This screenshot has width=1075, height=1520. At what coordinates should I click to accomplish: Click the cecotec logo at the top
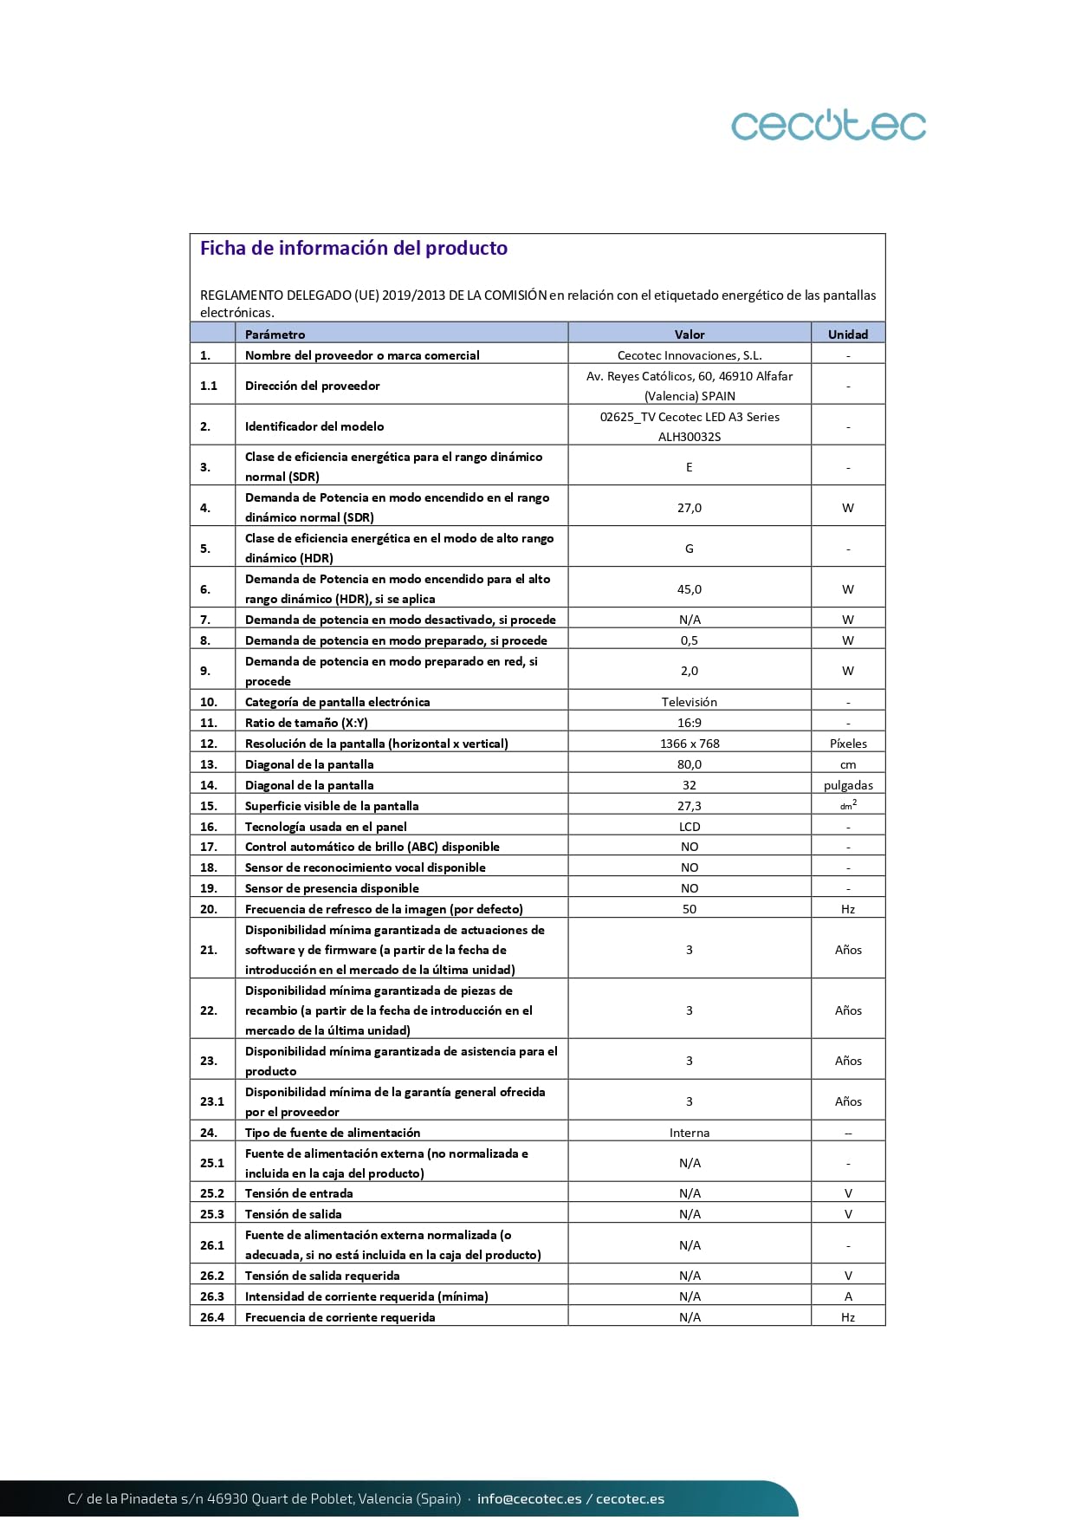[x=828, y=125]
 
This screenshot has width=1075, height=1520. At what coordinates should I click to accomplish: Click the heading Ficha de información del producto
[x=353, y=249]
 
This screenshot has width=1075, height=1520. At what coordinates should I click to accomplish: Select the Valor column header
[x=690, y=335]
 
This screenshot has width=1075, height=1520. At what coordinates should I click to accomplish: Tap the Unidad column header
[x=847, y=335]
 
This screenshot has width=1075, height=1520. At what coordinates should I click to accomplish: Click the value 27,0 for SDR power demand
[x=690, y=508]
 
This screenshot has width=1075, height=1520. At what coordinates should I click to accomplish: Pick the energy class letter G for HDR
[x=690, y=549]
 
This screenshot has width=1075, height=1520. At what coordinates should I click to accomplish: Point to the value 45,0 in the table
[x=690, y=589]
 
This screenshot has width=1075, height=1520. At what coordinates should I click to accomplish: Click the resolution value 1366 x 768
[x=690, y=744]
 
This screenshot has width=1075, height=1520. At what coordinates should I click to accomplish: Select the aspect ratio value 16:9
[x=690, y=723]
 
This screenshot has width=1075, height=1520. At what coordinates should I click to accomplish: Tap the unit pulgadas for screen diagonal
[x=848, y=785]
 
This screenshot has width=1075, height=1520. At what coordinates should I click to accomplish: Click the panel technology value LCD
[x=690, y=827]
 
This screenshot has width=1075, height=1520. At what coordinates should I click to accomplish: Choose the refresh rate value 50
[x=690, y=909]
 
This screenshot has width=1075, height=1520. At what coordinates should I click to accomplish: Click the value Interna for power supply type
[x=690, y=1133]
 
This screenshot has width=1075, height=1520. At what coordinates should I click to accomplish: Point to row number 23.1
[x=212, y=1101]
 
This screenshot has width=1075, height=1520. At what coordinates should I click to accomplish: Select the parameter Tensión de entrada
[x=299, y=1193]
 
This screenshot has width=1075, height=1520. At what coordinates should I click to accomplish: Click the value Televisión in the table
[x=690, y=702]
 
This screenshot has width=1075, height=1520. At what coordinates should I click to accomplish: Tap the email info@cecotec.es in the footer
[x=529, y=1498]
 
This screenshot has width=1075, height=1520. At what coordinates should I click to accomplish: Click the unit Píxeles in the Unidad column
[x=848, y=744]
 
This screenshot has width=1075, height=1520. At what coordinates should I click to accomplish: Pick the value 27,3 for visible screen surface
[x=690, y=806]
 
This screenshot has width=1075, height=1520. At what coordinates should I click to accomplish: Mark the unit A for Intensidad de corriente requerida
[x=848, y=1296]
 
